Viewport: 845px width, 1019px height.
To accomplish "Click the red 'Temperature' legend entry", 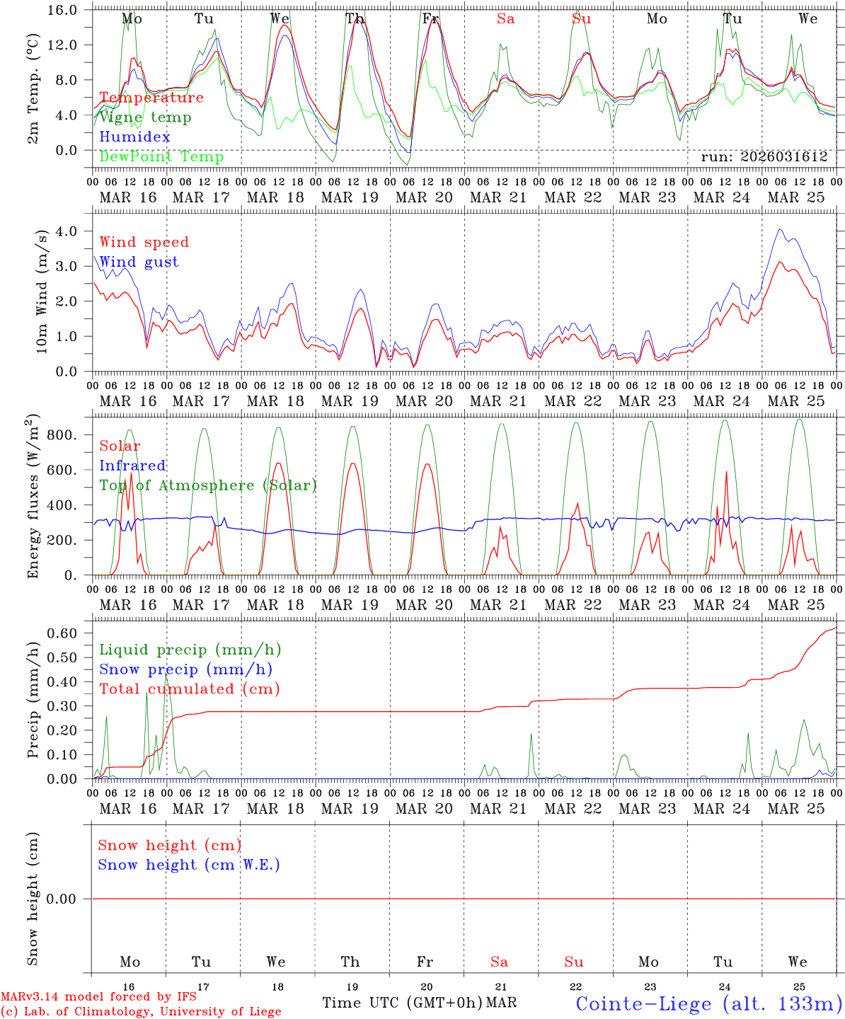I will coord(151,98).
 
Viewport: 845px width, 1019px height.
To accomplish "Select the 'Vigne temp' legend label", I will coord(145,117).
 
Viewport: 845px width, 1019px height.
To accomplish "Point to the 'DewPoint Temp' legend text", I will coord(161,157).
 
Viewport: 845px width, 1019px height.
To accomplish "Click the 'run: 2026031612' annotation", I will coord(764,157).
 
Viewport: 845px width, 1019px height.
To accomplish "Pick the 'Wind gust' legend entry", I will coord(139,262).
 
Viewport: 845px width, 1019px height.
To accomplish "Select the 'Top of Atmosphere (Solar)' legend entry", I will coord(208,485).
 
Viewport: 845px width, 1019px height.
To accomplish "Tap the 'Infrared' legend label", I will coord(132,466).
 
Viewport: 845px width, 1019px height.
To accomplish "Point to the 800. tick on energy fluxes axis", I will coord(61,434).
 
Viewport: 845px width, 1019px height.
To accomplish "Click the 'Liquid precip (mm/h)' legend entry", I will coord(190,650).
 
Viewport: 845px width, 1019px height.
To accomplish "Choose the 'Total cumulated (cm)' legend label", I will coord(189,689).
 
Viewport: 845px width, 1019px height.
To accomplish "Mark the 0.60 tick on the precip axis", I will coord(61,633).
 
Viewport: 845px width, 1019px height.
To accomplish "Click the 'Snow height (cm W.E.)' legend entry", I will coord(189,865).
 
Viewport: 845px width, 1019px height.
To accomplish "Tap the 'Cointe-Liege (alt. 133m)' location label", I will coord(708,1003).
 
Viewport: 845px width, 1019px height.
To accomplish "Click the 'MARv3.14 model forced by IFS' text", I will coord(98,997).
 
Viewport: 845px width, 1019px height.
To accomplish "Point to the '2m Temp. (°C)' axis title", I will coord(33,88).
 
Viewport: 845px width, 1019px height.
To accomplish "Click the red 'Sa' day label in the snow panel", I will coord(499,962).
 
